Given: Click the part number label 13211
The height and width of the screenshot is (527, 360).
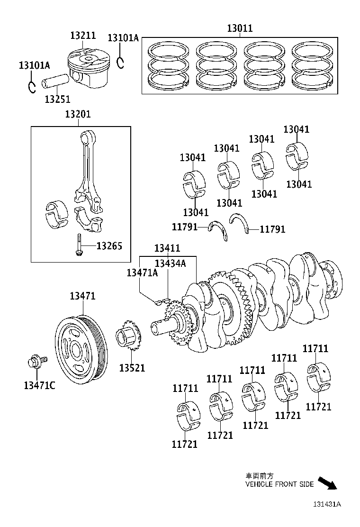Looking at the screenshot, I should pyautogui.click(x=83, y=36).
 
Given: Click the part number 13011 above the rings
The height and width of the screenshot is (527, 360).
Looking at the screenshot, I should pyautogui.click(x=240, y=28).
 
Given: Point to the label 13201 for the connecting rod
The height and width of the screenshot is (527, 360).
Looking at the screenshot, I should pyautogui.click(x=78, y=114).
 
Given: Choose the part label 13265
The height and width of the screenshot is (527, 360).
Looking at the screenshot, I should pyautogui.click(x=109, y=245).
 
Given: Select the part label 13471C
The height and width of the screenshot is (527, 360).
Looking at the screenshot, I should pyautogui.click(x=39, y=385).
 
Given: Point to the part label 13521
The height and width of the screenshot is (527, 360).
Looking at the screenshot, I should pyautogui.click(x=132, y=368).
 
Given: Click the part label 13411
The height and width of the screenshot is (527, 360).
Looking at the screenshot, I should pyautogui.click(x=167, y=248).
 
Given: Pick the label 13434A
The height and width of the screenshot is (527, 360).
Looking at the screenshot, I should pyautogui.click(x=171, y=263).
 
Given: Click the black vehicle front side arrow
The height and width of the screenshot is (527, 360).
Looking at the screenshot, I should pyautogui.click(x=327, y=483).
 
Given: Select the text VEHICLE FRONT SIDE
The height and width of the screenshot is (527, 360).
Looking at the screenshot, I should pyautogui.click(x=279, y=484).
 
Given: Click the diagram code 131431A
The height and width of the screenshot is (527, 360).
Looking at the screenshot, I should pyautogui.click(x=326, y=504).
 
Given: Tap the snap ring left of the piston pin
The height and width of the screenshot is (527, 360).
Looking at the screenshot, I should pyautogui.click(x=32, y=87).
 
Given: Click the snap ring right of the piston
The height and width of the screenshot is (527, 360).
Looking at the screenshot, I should pyautogui.click(x=121, y=62).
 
